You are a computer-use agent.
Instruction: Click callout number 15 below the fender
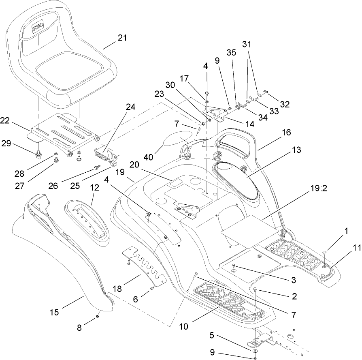(x=54, y=312)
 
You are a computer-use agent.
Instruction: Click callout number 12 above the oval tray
(x=94, y=189)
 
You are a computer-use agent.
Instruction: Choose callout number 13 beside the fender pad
(x=296, y=150)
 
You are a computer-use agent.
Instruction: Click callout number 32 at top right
(x=285, y=104)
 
